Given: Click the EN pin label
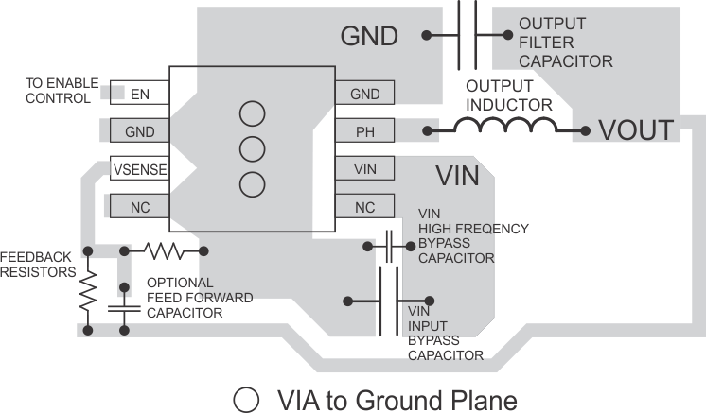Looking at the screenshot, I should click(x=140, y=94).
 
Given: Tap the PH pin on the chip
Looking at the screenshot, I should click(x=364, y=131).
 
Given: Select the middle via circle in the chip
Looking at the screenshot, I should click(x=252, y=148).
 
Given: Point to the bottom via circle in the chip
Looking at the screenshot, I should click(x=252, y=183).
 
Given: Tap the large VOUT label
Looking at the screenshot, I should click(x=635, y=129).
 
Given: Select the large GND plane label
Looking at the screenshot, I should click(x=369, y=37).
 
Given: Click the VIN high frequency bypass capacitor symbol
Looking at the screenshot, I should click(x=389, y=246).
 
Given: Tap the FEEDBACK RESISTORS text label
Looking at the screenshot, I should click(x=38, y=265).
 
